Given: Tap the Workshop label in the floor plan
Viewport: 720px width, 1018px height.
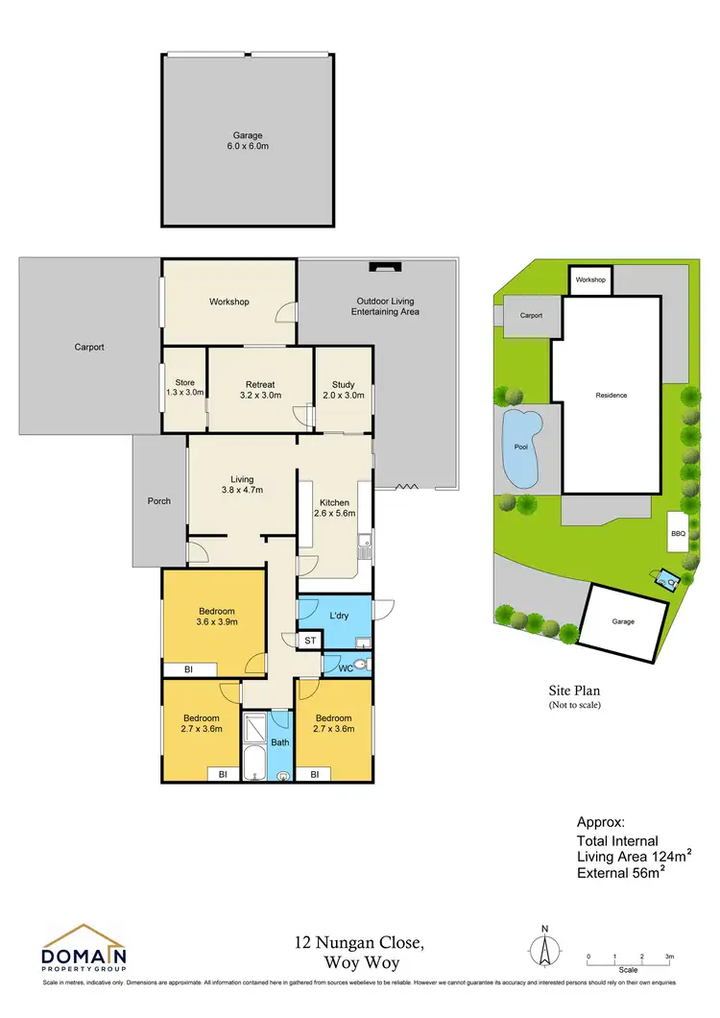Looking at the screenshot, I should click(229, 302).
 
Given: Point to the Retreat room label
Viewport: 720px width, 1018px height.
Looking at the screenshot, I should click(260, 388).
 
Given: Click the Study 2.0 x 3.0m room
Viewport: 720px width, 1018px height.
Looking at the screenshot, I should click(343, 388).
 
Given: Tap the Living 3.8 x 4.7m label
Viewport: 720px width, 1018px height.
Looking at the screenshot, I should click(241, 484).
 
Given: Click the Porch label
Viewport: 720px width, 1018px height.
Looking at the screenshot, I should click(159, 500).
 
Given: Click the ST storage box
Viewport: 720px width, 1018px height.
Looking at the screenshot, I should click(309, 641).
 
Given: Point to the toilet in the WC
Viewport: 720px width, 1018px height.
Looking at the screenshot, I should click(359, 665).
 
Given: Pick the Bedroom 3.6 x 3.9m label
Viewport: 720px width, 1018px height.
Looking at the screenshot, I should click(217, 617).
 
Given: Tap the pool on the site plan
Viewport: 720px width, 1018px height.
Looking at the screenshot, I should click(520, 448).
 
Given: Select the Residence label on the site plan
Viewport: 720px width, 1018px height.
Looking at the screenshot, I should click(612, 395).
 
